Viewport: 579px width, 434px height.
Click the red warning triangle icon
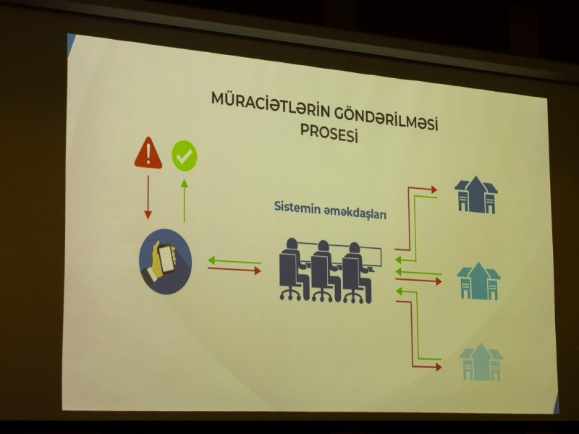click(x=148, y=153)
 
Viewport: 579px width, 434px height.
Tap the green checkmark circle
click(x=185, y=156)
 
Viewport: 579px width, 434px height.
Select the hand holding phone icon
click(x=165, y=261)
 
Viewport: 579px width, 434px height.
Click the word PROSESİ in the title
click(x=329, y=133)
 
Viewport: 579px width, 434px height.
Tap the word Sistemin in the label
click(x=297, y=208)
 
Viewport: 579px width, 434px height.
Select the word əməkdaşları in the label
click(x=355, y=212)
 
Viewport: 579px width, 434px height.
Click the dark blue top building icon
click(x=476, y=195)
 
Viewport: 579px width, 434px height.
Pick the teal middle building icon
click(x=478, y=281)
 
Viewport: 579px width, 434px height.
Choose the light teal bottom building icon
click(x=481, y=362)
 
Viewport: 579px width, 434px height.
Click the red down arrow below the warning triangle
click(x=148, y=197)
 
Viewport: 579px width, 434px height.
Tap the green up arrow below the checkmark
click(x=185, y=201)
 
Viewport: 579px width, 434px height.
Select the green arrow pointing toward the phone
click(x=234, y=261)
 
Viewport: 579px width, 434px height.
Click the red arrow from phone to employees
click(x=234, y=270)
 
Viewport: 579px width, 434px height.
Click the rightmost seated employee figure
click(x=357, y=273)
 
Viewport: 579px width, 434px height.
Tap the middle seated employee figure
click(x=326, y=271)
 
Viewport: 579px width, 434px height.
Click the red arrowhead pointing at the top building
click(x=434, y=190)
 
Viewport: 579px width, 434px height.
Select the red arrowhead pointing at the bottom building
click(x=439, y=367)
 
